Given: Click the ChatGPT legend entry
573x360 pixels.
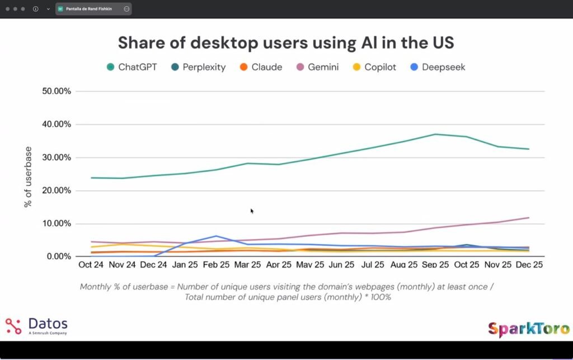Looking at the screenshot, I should coord(131,67).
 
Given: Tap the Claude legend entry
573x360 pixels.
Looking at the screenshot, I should coord(261,67).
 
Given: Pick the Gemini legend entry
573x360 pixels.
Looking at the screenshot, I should coord(317,67).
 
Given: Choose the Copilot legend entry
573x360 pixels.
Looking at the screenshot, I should coord(374,67).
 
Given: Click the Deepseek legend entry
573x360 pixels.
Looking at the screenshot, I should coord(438,67).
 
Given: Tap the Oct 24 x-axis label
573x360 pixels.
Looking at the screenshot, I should coord(91,264).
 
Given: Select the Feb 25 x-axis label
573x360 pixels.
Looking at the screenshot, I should coord(216,264).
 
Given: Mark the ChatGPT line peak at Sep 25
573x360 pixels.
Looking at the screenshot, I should coord(435,134).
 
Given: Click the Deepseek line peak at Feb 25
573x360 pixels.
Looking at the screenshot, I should coord(216,236).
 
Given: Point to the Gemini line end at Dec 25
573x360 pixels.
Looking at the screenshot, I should coord(529,218).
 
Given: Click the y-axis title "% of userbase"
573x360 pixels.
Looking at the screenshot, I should coord(28,177).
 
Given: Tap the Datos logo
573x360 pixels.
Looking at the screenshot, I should coord(36,325).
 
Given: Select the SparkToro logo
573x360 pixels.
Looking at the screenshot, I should coord(528,329).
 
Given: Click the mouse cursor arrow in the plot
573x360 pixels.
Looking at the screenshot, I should coord(252,211).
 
